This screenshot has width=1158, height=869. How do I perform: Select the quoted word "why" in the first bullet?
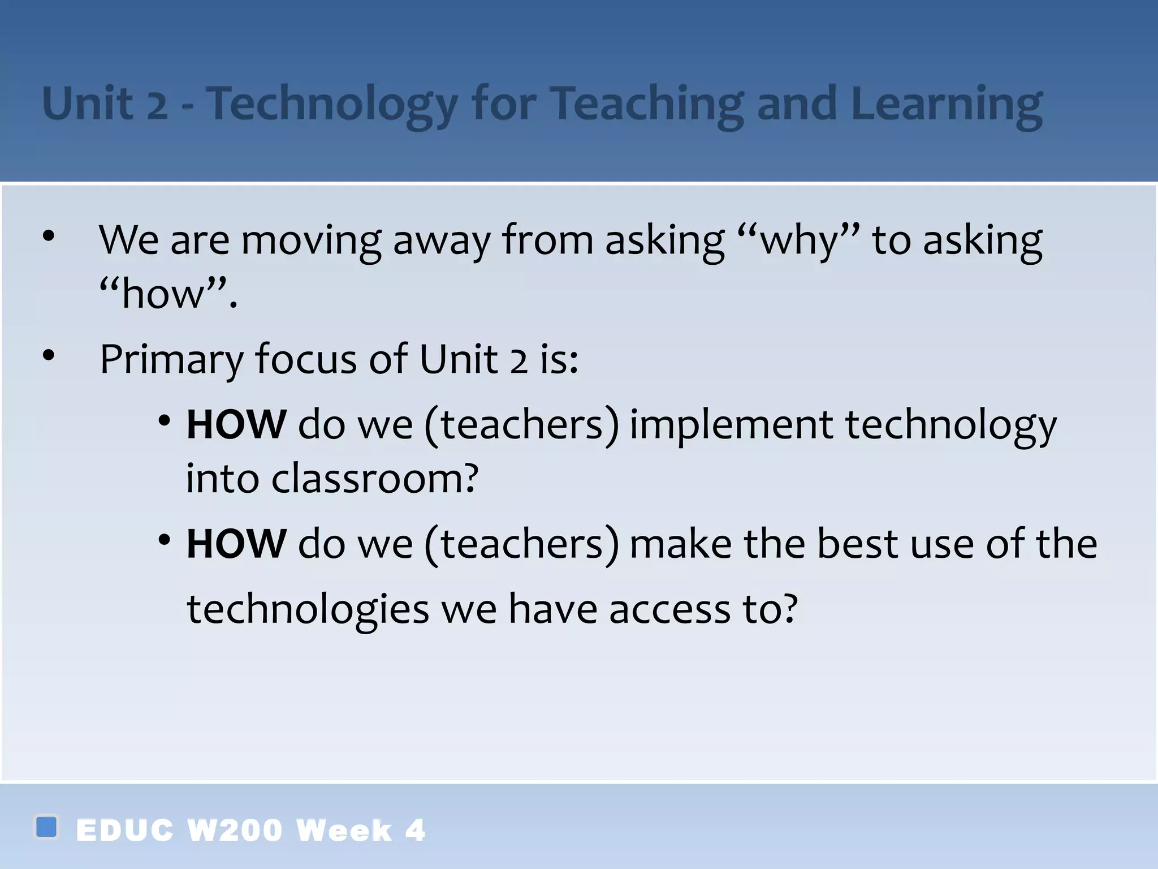pyautogui.click(x=799, y=241)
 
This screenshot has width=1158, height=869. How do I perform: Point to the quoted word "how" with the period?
pyautogui.click(x=168, y=294)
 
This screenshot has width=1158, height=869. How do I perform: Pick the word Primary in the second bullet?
pyautogui.click(x=171, y=360)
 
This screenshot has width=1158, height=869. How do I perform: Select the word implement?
pyautogui.click(x=731, y=425)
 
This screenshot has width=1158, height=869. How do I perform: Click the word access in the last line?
pyautogui.click(x=669, y=610)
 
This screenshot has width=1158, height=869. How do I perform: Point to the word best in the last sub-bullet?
pyautogui.click(x=857, y=544)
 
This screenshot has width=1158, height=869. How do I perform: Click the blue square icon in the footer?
pyautogui.click(x=46, y=827)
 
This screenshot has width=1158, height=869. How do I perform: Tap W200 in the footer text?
pyautogui.click(x=234, y=831)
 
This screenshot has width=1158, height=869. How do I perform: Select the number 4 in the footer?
pyautogui.click(x=415, y=831)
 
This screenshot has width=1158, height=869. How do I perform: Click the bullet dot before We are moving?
pyautogui.click(x=49, y=236)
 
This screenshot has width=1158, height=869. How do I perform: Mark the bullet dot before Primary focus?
pyautogui.click(x=49, y=355)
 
